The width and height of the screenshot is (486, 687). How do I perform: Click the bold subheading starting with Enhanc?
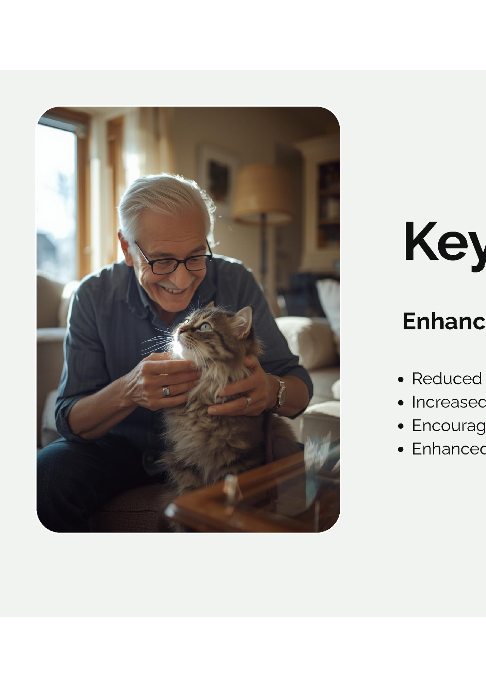(444, 321)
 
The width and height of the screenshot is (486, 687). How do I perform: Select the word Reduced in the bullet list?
(447, 379)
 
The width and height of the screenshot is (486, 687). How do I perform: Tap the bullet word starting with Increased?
(449, 402)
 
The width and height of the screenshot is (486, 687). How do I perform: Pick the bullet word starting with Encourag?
(449, 426)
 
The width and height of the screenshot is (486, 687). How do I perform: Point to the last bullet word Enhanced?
(449, 449)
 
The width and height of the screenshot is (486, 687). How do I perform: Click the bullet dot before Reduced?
(401, 379)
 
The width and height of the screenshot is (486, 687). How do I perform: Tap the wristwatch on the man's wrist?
(281, 394)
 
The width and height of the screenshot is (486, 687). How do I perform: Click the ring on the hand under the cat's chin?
(166, 391)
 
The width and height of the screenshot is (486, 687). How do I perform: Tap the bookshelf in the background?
(329, 204)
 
